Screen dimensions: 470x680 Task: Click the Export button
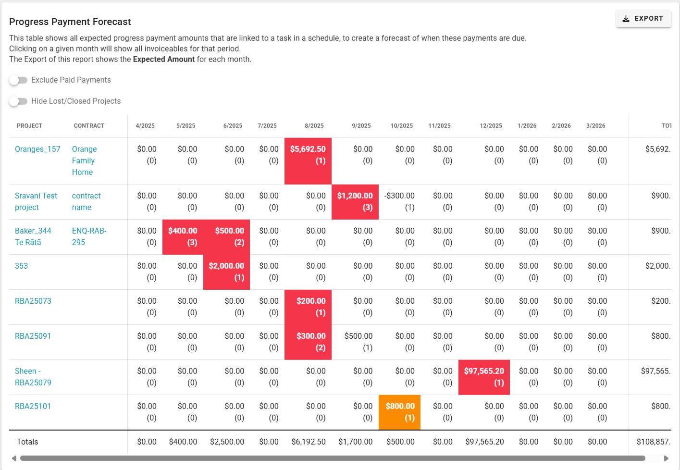coord(643,19)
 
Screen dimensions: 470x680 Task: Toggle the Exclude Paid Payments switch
coord(18,80)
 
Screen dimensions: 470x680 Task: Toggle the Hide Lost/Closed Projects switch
coord(18,101)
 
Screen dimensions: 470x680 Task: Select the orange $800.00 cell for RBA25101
coord(400,412)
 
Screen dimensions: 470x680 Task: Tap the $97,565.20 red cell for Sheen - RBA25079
coord(484,377)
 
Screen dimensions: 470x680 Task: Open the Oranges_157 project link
coord(37,149)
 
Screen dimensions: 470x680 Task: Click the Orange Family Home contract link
coord(84,161)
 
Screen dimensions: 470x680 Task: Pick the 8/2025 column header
coord(314,126)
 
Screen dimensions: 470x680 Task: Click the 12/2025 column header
coord(491,126)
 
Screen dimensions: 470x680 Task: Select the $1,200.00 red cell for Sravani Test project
coord(355,201)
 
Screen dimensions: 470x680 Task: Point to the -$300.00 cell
coord(399,196)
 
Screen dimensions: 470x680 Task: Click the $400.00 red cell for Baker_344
coord(183,236)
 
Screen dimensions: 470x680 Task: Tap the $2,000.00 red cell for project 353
coord(226,272)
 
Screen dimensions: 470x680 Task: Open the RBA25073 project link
coord(33,301)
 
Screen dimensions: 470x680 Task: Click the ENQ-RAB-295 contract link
coord(89,236)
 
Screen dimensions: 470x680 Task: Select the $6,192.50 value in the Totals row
coord(309,442)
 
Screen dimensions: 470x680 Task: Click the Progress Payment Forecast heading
coord(70,22)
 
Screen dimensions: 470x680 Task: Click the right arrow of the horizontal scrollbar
coord(666,458)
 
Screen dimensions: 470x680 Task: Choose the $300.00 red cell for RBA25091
coord(308,342)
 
